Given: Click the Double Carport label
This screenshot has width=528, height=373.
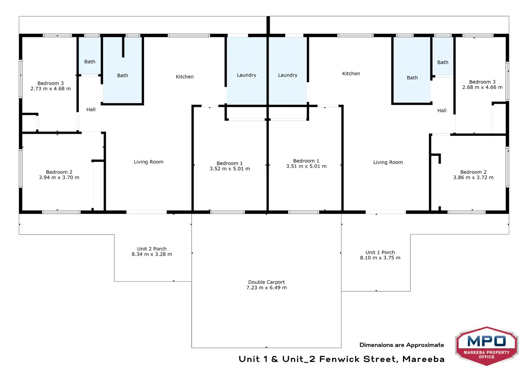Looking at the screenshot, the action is point(267,282).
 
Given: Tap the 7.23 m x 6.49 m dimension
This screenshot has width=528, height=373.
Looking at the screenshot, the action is point(267,288).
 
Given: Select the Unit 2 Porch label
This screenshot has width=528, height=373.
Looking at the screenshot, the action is point(152,249).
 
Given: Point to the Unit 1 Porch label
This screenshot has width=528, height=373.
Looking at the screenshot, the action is point(380,252).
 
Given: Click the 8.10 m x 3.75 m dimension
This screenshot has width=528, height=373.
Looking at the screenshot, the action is point(380,258).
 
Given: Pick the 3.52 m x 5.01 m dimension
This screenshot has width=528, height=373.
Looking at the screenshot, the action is point(230,169).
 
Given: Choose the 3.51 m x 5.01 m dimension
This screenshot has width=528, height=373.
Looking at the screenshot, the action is point(306,166).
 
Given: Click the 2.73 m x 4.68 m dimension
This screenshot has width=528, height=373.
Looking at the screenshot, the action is point(51,89).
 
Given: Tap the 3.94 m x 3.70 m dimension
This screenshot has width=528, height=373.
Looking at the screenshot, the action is point(59,178).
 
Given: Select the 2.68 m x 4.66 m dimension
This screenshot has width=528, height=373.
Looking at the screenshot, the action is point(482,88).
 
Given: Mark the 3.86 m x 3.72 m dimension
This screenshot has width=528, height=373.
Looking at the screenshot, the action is point(473,178).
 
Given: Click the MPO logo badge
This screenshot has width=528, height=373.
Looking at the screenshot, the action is point(486,346).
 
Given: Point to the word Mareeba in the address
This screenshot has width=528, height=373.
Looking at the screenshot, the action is point(423,359).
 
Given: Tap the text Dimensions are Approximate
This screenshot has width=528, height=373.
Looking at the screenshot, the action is point(402,345).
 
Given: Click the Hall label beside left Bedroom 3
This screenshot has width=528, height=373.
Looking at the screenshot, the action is point(91,109).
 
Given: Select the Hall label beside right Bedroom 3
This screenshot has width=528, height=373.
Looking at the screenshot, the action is point(442,110).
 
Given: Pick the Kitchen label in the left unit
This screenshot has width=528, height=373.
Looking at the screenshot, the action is point(185,77).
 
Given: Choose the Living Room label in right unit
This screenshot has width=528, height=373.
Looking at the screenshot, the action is point(388,162).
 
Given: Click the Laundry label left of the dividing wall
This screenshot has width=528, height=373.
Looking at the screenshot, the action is point(246,75).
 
